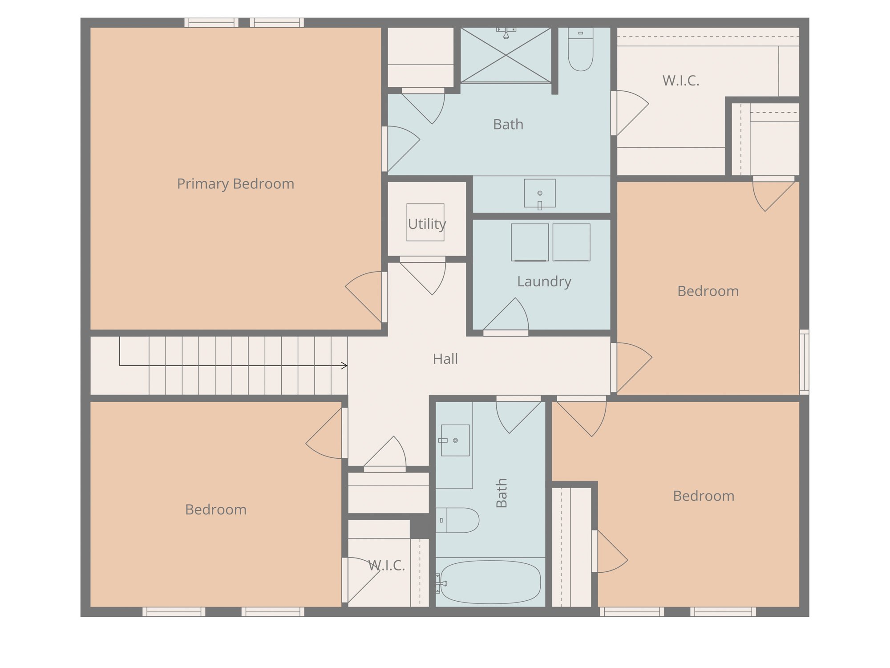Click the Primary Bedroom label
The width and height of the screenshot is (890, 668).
tap(235, 183)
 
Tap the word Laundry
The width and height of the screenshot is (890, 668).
tap(544, 281)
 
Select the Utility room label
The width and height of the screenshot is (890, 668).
tap(427, 224)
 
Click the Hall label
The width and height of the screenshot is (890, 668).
tap(445, 359)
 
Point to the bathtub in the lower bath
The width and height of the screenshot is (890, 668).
tap(490, 582)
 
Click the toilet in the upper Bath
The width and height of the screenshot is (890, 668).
tap(580, 50)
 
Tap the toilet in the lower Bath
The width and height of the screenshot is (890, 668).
tap(459, 520)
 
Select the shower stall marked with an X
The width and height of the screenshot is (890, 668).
tap(506, 55)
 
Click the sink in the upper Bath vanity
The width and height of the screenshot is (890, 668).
tap(539, 193)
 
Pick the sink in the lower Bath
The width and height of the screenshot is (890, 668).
tap(455, 440)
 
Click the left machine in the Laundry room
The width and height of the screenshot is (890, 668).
tap(530, 242)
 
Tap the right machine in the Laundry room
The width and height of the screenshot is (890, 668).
tap(571, 242)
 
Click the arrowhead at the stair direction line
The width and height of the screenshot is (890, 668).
tap(344, 366)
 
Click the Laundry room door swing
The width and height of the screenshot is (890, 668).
tap(507, 316)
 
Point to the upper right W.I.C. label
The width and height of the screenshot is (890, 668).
tap(680, 81)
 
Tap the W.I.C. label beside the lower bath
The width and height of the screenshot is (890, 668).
tap(386, 566)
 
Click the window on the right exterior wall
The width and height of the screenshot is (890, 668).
tap(804, 362)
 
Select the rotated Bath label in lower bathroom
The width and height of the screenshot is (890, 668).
tap(502, 493)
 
